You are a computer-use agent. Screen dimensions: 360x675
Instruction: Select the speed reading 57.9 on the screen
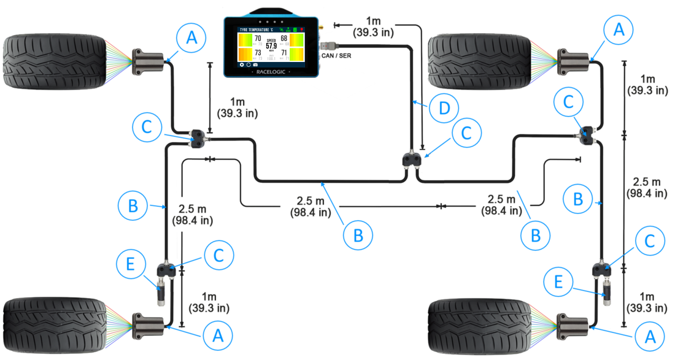click(x=271, y=45)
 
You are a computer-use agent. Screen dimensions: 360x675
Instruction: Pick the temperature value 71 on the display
click(x=283, y=53)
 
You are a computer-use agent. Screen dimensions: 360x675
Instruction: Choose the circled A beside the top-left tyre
click(x=191, y=38)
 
